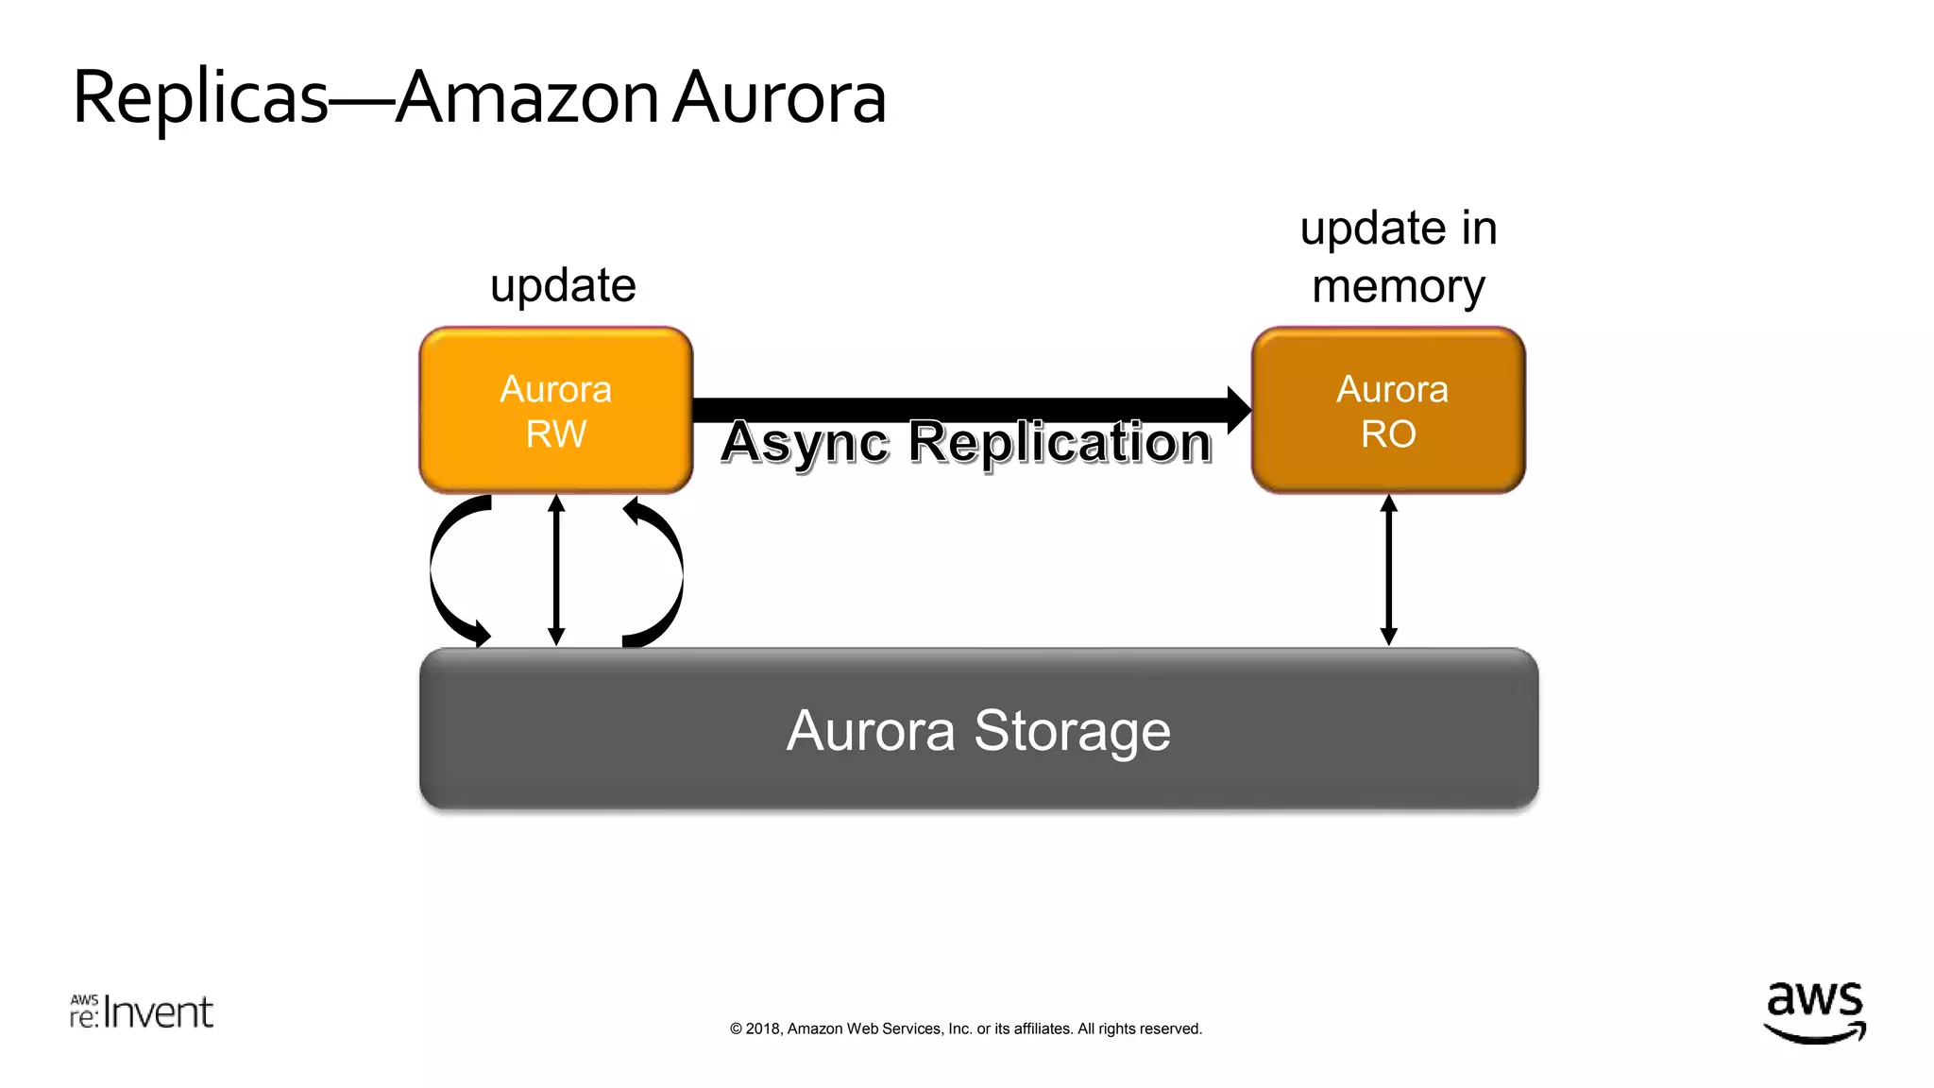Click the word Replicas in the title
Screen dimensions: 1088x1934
click(x=200, y=97)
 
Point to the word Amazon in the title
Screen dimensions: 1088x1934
click(x=527, y=97)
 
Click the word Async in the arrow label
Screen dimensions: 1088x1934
click(x=805, y=442)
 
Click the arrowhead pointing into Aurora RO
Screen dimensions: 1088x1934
click(x=1238, y=410)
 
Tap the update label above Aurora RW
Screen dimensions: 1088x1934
click(x=563, y=285)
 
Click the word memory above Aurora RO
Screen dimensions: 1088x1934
click(x=1398, y=286)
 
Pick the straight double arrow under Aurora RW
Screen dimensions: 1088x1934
click(x=556, y=569)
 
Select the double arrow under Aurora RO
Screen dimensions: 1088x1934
click(x=1388, y=569)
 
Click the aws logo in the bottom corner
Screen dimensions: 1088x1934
click(x=1814, y=1011)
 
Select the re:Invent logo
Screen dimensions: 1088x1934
click(x=142, y=1011)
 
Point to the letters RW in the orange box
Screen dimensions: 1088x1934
click(x=555, y=434)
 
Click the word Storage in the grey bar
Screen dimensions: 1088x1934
click(x=1072, y=730)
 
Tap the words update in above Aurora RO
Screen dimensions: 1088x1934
click(x=1398, y=229)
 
